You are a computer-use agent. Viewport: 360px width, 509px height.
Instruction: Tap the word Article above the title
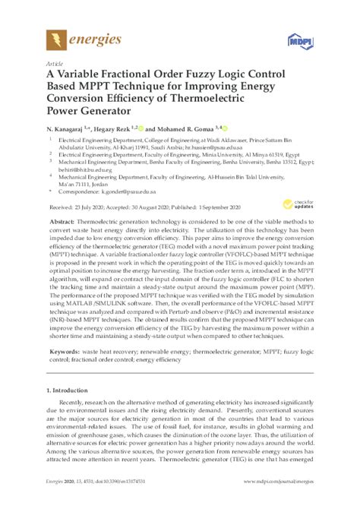tap(54, 64)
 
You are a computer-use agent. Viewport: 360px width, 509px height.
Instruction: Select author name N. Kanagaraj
tap(69, 130)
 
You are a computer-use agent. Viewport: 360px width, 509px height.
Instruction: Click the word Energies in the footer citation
tap(57, 502)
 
